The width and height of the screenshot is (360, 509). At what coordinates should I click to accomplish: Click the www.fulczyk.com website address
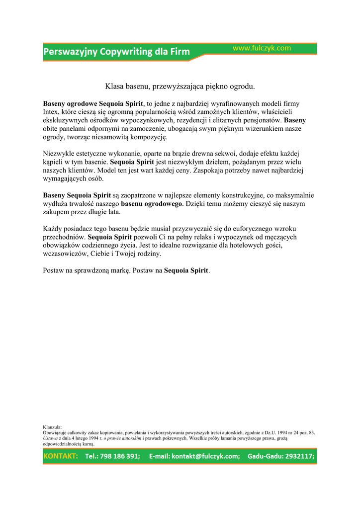(x=262, y=48)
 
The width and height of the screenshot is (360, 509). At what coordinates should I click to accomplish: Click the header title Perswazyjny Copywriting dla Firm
(x=117, y=52)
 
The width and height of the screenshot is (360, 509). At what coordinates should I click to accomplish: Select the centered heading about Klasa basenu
(x=180, y=86)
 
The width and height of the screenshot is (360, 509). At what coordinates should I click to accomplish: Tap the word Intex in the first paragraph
(x=51, y=112)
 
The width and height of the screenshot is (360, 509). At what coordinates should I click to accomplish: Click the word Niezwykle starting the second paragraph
(x=59, y=154)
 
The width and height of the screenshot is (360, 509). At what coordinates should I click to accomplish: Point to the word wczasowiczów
(x=65, y=254)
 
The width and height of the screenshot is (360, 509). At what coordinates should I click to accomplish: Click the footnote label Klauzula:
(x=52, y=427)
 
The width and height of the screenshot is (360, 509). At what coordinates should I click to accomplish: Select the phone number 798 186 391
(x=119, y=456)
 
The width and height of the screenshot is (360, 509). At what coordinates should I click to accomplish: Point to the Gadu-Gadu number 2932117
(x=298, y=456)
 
